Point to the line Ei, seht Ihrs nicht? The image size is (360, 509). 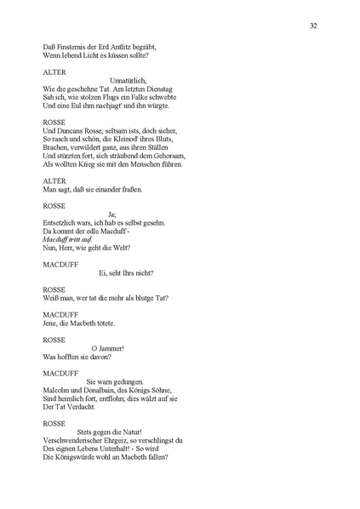(x=126, y=272)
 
